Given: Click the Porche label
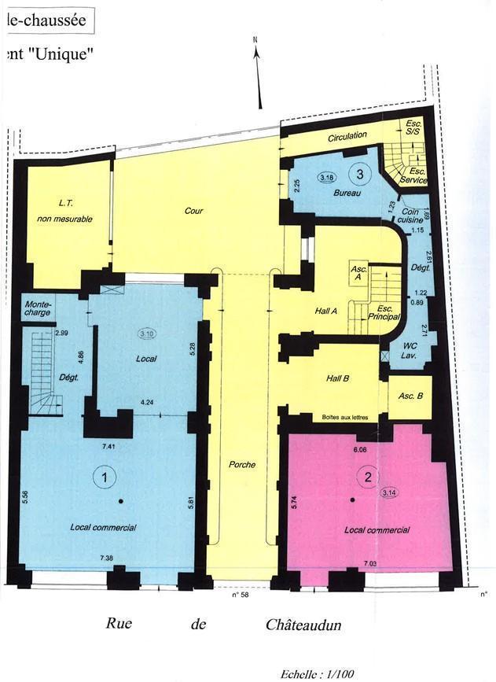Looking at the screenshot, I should tap(242, 465).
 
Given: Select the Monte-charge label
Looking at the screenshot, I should tap(39, 308).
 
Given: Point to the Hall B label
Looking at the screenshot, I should tap(337, 378).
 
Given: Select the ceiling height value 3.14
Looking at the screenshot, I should tap(389, 493).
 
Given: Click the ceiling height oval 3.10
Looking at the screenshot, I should tap(147, 334).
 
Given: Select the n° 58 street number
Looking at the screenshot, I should tap(240, 595).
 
